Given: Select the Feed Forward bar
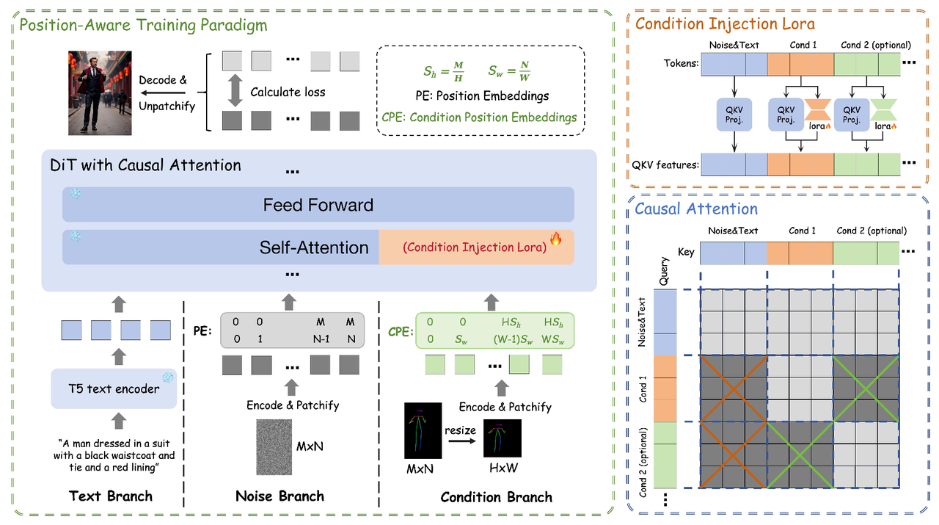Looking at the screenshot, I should tap(318, 205).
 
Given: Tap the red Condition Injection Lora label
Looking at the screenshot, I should tap(474, 247).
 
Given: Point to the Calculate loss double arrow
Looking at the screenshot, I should tap(235, 93).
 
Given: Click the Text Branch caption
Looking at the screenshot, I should tap(110, 496).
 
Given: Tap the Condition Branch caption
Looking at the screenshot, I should tap(496, 497).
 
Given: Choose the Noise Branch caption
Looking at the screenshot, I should tap(279, 496).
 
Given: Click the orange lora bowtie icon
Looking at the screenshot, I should tap(819, 110).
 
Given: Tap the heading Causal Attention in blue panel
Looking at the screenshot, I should tap(695, 209).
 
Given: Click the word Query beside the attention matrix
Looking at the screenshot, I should tap(664, 271).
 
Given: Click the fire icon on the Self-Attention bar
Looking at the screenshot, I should tap(555, 239).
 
